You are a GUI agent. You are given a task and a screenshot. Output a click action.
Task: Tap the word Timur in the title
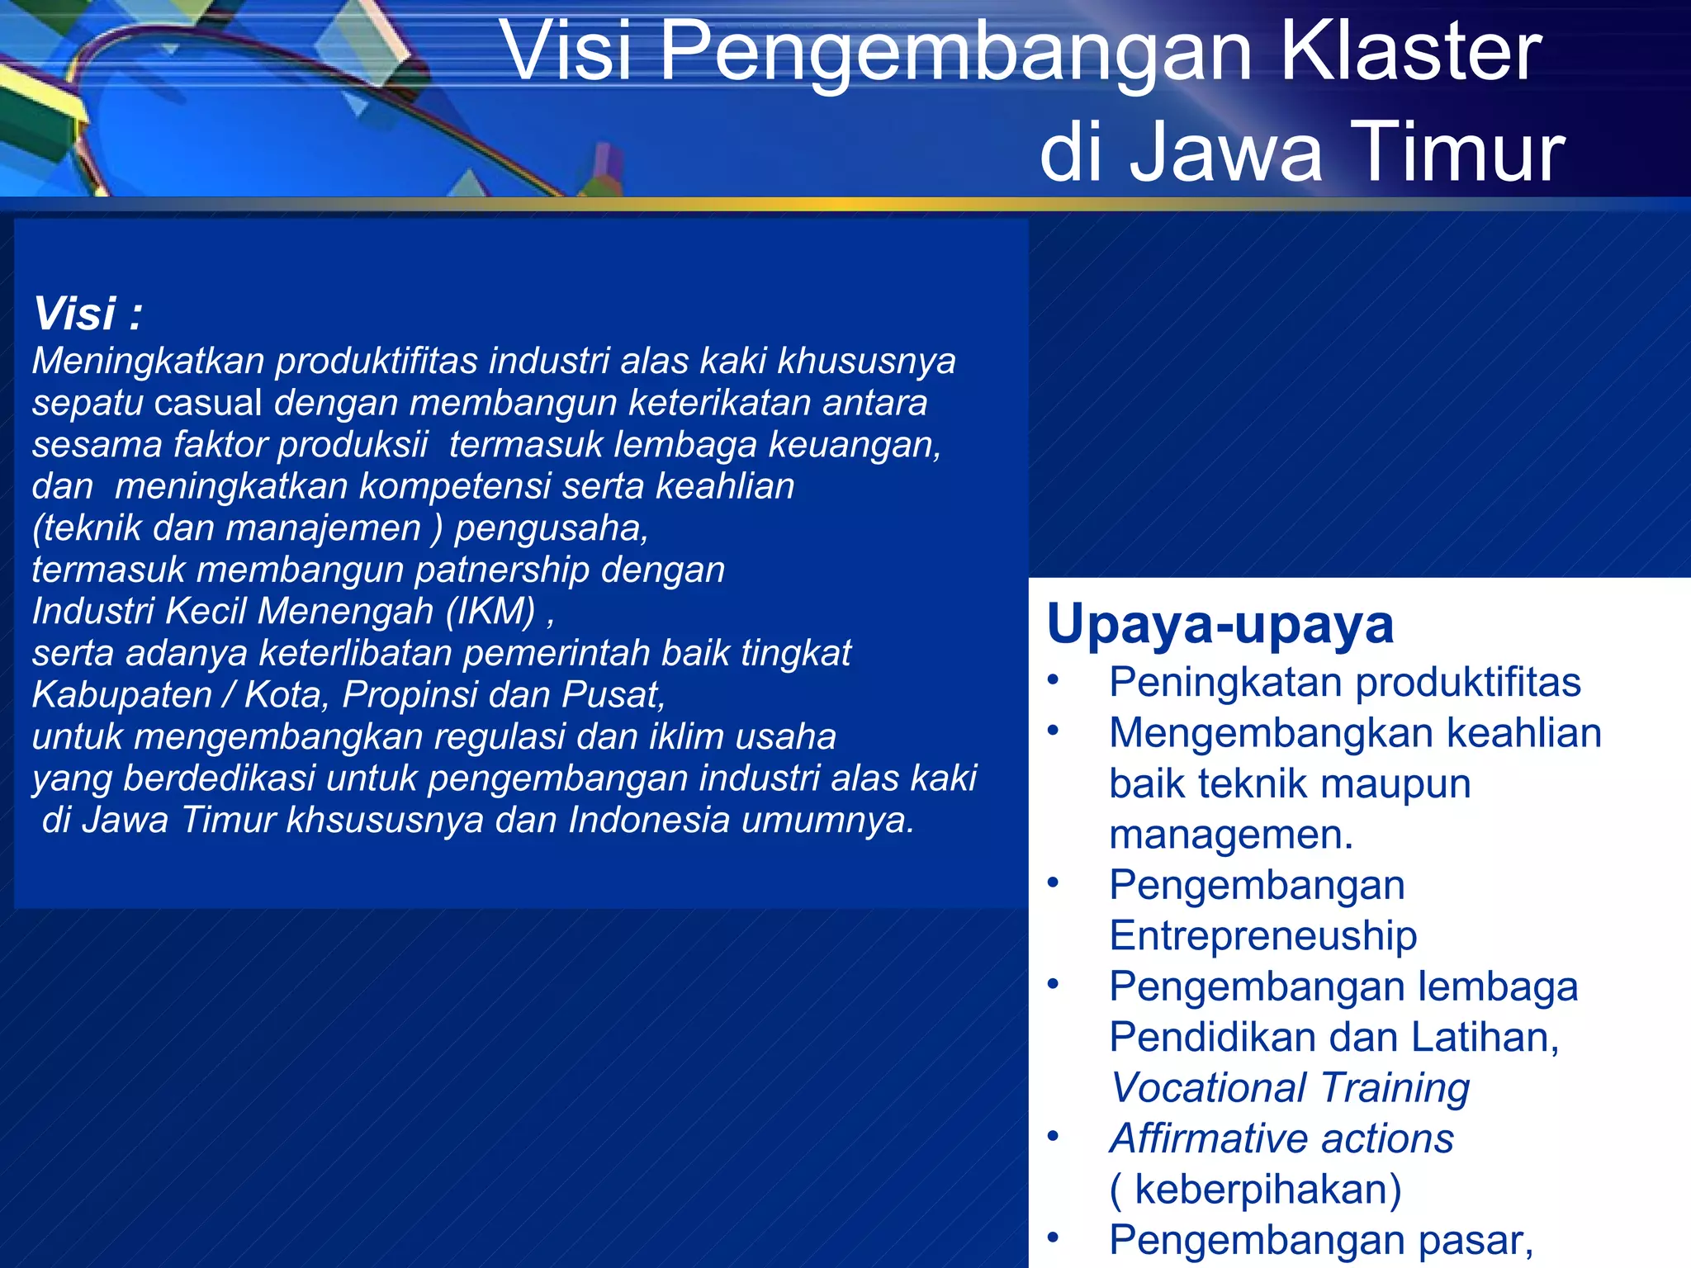1458,152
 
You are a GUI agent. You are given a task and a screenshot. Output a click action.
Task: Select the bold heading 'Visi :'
88,314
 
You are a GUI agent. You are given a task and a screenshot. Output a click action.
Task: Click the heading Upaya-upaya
1220,623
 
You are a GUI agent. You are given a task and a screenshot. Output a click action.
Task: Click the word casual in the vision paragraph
208,403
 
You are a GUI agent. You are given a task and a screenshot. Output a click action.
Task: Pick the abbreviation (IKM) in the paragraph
490,611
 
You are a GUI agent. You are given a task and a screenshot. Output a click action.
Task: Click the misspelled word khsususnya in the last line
384,820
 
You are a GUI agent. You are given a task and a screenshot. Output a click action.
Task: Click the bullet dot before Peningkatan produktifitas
1053,681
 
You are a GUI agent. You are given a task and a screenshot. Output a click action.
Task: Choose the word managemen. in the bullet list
1231,835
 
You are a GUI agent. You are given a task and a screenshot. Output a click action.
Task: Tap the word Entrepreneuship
1262,936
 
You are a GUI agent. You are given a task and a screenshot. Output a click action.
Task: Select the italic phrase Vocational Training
1290,1088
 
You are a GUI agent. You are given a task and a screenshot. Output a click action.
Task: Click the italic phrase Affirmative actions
1281,1138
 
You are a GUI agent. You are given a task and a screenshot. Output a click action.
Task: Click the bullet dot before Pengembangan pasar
1053,1237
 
